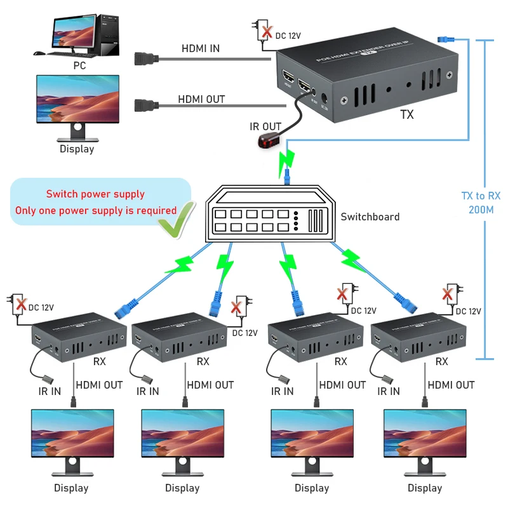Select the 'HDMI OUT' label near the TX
pyautogui.click(x=201, y=99)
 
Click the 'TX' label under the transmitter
pyautogui.click(x=407, y=115)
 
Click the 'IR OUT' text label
pyautogui.click(x=265, y=127)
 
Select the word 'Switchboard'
pyautogui.click(x=370, y=217)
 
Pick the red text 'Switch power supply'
pyautogui.click(x=95, y=194)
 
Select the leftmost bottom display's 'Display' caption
pyautogui.click(x=71, y=488)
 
